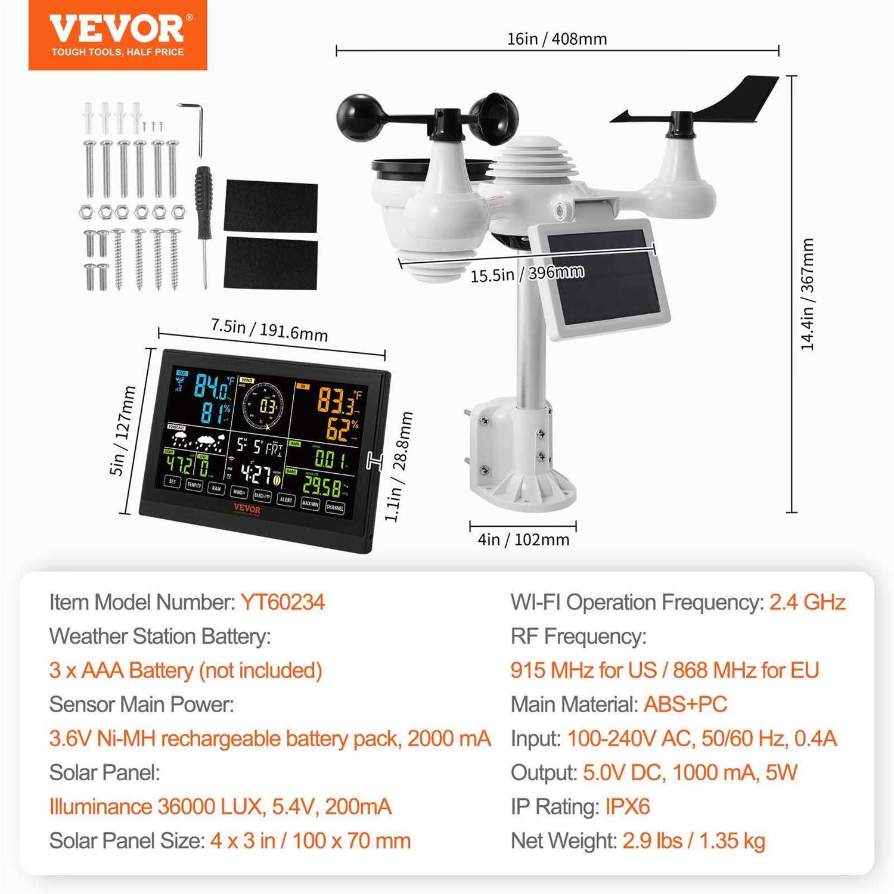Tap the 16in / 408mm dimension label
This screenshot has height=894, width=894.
pos(557,39)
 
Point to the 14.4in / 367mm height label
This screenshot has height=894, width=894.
pos(807,294)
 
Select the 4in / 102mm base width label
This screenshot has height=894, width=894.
pos(523,539)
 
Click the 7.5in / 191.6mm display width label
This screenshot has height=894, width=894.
pos(269,330)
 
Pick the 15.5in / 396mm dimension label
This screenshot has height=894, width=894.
pos(527,274)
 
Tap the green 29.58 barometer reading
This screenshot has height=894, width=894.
pos(322,486)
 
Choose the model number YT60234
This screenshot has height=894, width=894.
pos(283,602)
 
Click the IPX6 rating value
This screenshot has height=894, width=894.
pos(627,807)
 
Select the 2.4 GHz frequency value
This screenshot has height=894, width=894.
pos(807,602)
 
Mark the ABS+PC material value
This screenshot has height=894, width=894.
pos(685,704)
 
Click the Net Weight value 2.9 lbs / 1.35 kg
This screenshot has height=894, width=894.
pos(694,841)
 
